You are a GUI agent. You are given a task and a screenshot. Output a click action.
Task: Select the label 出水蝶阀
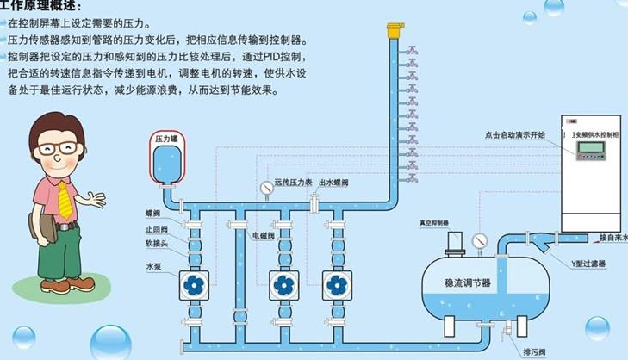(x=334, y=182)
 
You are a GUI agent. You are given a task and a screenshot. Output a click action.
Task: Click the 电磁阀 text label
(x=263, y=234)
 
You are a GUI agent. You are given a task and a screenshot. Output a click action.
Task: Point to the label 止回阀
(x=157, y=230)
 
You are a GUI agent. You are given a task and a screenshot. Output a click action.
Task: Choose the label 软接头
(x=157, y=244)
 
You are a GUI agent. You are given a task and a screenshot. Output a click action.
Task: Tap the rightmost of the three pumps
(x=337, y=284)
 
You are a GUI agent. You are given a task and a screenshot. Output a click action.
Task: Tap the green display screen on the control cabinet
(x=590, y=147)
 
